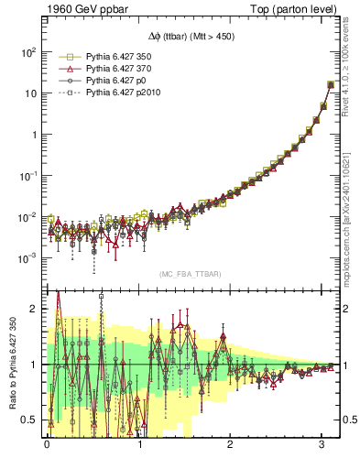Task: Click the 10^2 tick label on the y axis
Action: [28, 52]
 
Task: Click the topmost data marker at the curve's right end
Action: [331, 84]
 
